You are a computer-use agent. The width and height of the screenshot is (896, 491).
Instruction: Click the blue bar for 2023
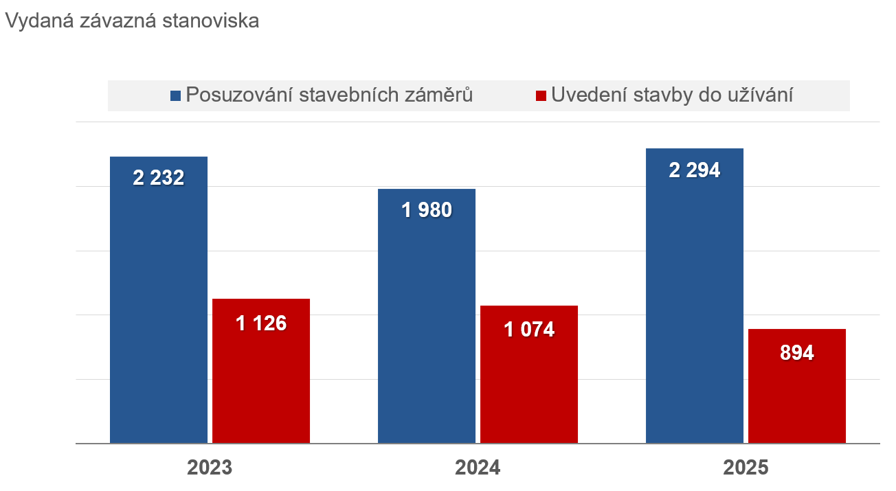(x=159, y=309)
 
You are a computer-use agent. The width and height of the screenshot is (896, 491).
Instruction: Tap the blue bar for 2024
(x=427, y=323)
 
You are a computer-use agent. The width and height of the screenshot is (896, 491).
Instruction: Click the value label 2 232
(x=159, y=179)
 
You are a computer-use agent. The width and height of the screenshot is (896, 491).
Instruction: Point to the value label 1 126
(x=261, y=323)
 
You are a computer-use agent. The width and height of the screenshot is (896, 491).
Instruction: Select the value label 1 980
(x=427, y=210)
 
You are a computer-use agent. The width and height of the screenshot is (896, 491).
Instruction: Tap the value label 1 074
(x=529, y=330)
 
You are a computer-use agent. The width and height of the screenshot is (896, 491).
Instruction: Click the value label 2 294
(x=695, y=170)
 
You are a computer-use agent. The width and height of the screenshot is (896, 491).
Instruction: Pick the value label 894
(x=797, y=353)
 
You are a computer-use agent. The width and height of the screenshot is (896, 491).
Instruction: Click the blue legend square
(x=176, y=96)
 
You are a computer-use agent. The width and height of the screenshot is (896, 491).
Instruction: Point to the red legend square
(x=541, y=96)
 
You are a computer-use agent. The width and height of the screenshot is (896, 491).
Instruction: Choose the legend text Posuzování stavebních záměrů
(x=329, y=95)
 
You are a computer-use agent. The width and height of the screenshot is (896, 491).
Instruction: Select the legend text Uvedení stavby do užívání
(x=672, y=95)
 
